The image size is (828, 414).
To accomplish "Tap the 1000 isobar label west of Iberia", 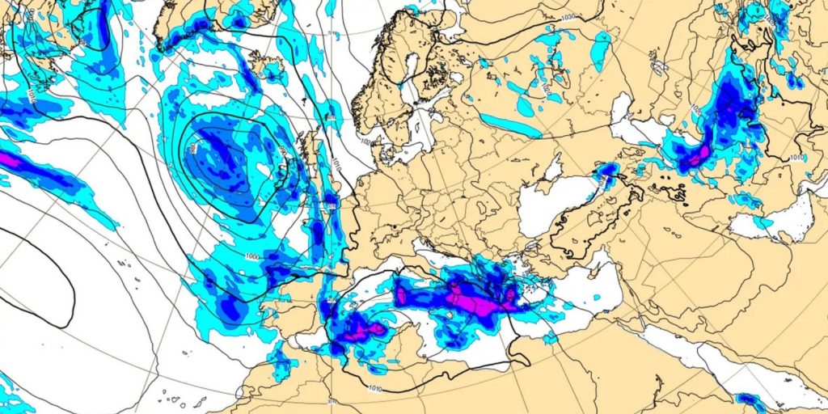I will click(253, 257).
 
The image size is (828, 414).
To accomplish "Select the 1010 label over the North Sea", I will click(333, 162).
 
